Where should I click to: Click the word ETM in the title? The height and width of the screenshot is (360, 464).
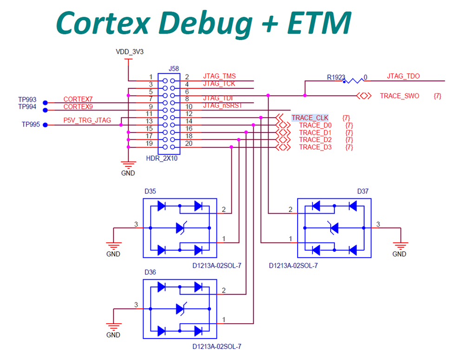pyautogui.click(x=319, y=22)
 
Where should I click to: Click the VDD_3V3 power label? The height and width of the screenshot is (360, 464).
pyautogui.click(x=130, y=52)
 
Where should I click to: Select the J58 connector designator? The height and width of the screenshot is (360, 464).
pyautogui.click(x=173, y=68)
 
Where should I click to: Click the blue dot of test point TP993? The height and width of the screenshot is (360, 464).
pyautogui.click(x=45, y=103)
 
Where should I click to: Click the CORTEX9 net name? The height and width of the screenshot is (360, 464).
pyautogui.click(x=78, y=106)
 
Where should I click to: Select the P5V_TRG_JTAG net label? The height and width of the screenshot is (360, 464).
pyautogui.click(x=87, y=121)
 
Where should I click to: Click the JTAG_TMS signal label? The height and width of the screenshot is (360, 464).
pyautogui.click(x=219, y=77)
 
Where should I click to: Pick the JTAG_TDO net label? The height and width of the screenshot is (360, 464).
pyautogui.click(x=403, y=77)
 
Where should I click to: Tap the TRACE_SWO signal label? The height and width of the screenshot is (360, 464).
pyautogui.click(x=399, y=96)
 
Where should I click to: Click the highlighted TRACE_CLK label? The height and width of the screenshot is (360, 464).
pyautogui.click(x=310, y=118)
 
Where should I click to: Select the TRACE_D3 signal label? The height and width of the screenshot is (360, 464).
pyautogui.click(x=315, y=147)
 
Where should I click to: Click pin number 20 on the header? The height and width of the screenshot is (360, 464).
pyautogui.click(x=189, y=143)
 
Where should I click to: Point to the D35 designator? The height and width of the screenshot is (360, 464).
pyautogui.click(x=150, y=191)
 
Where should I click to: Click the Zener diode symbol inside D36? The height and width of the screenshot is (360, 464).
pyautogui.click(x=180, y=308)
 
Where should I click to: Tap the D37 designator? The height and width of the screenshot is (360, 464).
pyautogui.click(x=363, y=191)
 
